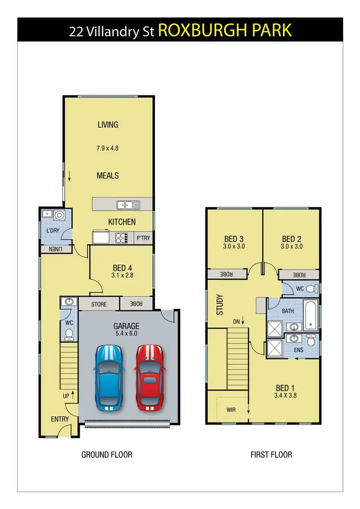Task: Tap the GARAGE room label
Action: (x=126, y=325)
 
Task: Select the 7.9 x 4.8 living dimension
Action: (x=108, y=148)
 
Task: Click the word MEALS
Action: (x=108, y=176)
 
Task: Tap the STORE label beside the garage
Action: (x=99, y=304)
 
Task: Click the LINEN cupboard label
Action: (x=55, y=249)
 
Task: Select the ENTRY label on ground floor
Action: (x=60, y=419)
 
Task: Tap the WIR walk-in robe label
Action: (x=231, y=410)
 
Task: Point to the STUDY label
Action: (x=220, y=305)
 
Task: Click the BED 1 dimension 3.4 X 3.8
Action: (x=283, y=396)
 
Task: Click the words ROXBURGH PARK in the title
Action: (x=224, y=31)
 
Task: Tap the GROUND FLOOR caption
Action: (x=107, y=454)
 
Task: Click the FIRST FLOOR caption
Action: (x=271, y=454)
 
